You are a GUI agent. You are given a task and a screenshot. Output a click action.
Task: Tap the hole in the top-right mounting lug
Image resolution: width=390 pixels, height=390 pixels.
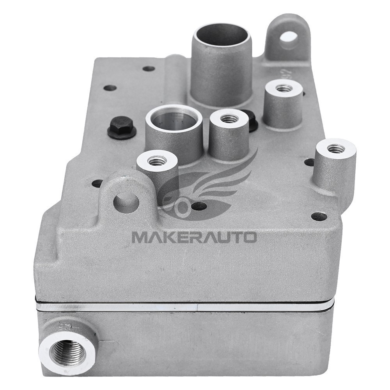click(289, 38)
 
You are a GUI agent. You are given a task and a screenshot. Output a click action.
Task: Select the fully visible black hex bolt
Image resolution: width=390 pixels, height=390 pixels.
click(121, 127)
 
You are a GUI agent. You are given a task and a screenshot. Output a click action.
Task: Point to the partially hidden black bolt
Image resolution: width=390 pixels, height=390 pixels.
click(251, 119)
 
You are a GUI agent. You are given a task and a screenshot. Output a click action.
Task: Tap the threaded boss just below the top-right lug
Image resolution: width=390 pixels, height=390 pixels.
click(284, 88)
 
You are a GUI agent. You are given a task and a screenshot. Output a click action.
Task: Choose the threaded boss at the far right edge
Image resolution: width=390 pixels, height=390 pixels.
click(335, 148)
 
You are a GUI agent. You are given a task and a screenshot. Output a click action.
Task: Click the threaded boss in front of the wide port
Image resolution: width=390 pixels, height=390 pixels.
click(157, 160)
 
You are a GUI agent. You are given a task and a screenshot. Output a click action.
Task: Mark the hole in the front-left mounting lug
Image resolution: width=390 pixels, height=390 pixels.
click(126, 202)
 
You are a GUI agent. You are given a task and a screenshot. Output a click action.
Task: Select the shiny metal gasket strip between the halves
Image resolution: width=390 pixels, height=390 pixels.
click(183, 306)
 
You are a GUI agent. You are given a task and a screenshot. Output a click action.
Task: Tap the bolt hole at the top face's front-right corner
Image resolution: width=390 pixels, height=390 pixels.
click(319, 216)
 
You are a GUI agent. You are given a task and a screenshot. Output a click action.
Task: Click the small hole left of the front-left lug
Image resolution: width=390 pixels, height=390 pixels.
click(97, 183)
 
